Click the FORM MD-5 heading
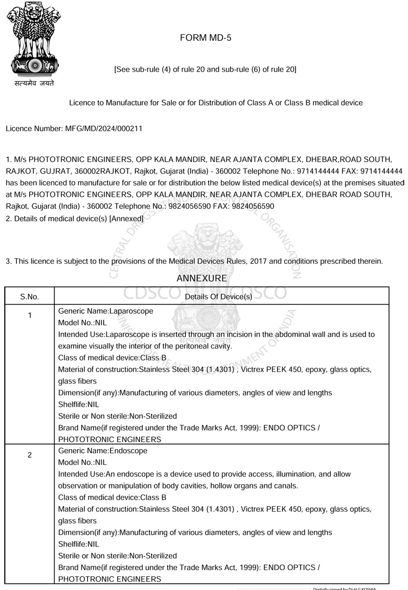(x=206, y=38)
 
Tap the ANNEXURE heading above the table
(x=201, y=279)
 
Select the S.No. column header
(x=30, y=297)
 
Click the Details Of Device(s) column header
(x=218, y=297)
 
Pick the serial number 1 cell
(x=30, y=315)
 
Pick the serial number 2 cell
(x=30, y=455)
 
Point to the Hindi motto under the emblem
(x=34, y=83)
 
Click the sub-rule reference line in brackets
(x=205, y=69)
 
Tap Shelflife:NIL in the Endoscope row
(x=79, y=544)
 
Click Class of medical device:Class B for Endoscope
(x=112, y=498)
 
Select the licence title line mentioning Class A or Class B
(x=216, y=103)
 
